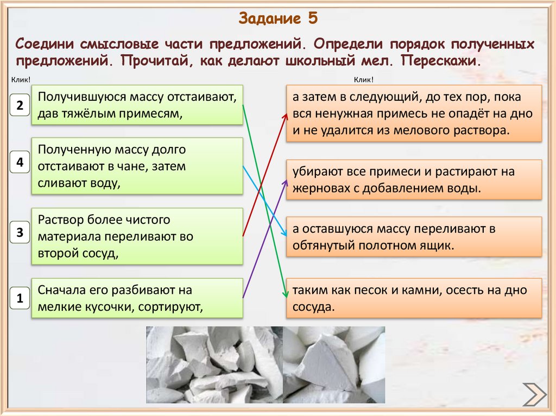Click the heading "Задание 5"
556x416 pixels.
pyautogui.click(x=277, y=18)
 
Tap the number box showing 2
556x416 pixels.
pyautogui.click(x=20, y=105)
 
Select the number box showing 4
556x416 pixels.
pyautogui.click(x=20, y=162)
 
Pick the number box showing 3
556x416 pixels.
pyautogui.click(x=20, y=233)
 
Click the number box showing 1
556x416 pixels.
pyautogui.click(x=20, y=298)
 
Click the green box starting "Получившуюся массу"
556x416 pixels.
pyautogui.click(x=137, y=105)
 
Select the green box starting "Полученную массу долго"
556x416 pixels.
pyautogui.click(x=137, y=166)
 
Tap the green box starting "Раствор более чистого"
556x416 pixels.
pyautogui.click(x=137, y=236)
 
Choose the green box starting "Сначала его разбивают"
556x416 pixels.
pyautogui.click(x=137, y=298)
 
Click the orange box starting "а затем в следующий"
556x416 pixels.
pyautogui.click(x=414, y=113)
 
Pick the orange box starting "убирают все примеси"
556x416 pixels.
pyautogui.click(x=414, y=180)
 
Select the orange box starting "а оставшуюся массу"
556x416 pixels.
pyautogui.click(x=414, y=236)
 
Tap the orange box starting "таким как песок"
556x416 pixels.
pyautogui.click(x=414, y=298)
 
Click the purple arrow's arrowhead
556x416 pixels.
pyautogui.click(x=285, y=181)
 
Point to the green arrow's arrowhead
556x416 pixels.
pyautogui.click(x=284, y=295)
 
